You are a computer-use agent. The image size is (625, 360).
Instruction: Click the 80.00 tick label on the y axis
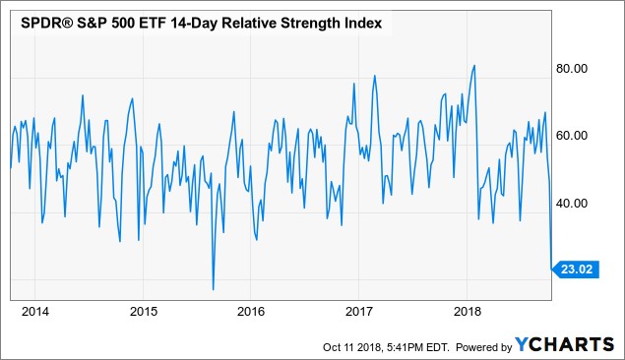point(572,69)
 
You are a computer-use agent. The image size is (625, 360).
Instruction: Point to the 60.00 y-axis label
point(572,136)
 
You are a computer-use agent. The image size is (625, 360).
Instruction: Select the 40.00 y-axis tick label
point(572,204)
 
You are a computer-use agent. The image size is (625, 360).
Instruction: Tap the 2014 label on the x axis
point(35,311)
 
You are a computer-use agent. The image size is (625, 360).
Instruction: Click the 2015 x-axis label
point(144,311)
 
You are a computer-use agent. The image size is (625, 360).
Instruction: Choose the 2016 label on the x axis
point(251,311)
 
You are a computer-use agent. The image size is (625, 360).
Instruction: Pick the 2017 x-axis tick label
point(358,311)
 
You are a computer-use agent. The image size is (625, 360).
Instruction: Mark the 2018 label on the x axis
point(468,311)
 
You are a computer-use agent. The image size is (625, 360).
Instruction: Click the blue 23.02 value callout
point(576,270)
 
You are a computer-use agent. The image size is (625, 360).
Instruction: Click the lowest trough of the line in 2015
point(214,289)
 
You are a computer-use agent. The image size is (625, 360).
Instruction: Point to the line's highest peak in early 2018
point(474,65)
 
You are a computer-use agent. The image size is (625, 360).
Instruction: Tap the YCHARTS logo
point(564,344)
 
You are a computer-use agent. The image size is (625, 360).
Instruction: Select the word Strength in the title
point(309,24)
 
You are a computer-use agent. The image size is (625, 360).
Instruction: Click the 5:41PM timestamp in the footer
point(404,347)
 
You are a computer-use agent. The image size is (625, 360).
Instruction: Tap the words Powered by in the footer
point(483,347)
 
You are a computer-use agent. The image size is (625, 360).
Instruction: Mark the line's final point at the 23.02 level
point(551,270)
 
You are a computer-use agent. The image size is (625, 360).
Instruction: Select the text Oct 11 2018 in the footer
point(352,347)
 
